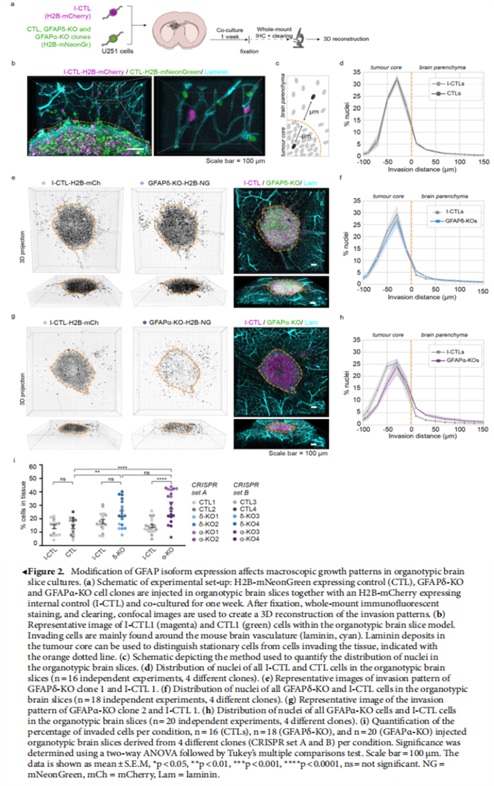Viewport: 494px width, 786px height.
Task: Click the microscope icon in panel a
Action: coord(299,39)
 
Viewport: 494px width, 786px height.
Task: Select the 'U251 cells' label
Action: coord(117,51)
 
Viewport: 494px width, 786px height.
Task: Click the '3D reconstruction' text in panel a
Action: coord(346,39)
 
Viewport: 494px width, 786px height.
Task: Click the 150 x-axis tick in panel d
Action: coord(484,162)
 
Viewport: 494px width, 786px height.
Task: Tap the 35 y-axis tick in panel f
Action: coord(356,201)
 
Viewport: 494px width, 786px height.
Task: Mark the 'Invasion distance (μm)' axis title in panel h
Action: coord(422,436)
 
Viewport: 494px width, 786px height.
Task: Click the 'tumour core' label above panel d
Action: coord(386,67)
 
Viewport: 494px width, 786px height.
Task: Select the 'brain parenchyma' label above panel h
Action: coord(444,335)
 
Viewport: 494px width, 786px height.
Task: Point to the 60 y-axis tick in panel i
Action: coord(33,467)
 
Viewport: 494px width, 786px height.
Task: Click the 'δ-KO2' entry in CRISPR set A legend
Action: coord(209,524)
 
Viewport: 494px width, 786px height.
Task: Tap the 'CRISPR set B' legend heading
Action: coord(246,489)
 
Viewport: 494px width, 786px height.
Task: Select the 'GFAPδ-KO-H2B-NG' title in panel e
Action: coord(179,183)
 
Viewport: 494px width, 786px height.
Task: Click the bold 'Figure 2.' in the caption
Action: coord(46,572)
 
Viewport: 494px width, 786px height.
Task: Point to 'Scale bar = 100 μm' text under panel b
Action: coord(235,161)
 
